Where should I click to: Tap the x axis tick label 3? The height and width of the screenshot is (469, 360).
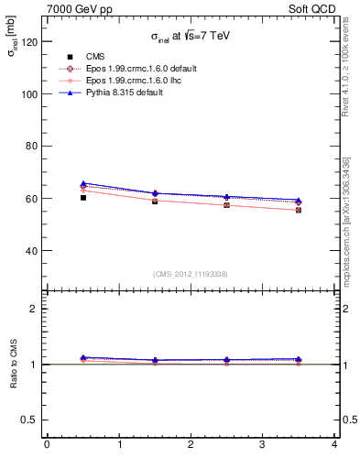[x=262, y=444]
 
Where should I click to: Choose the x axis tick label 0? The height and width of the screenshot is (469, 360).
[x=47, y=444]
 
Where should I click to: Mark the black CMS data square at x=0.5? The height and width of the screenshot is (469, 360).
[x=82, y=197]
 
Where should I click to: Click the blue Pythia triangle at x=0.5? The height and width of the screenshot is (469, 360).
[x=82, y=183]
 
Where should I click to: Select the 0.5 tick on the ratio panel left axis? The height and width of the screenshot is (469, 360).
[x=32, y=420]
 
